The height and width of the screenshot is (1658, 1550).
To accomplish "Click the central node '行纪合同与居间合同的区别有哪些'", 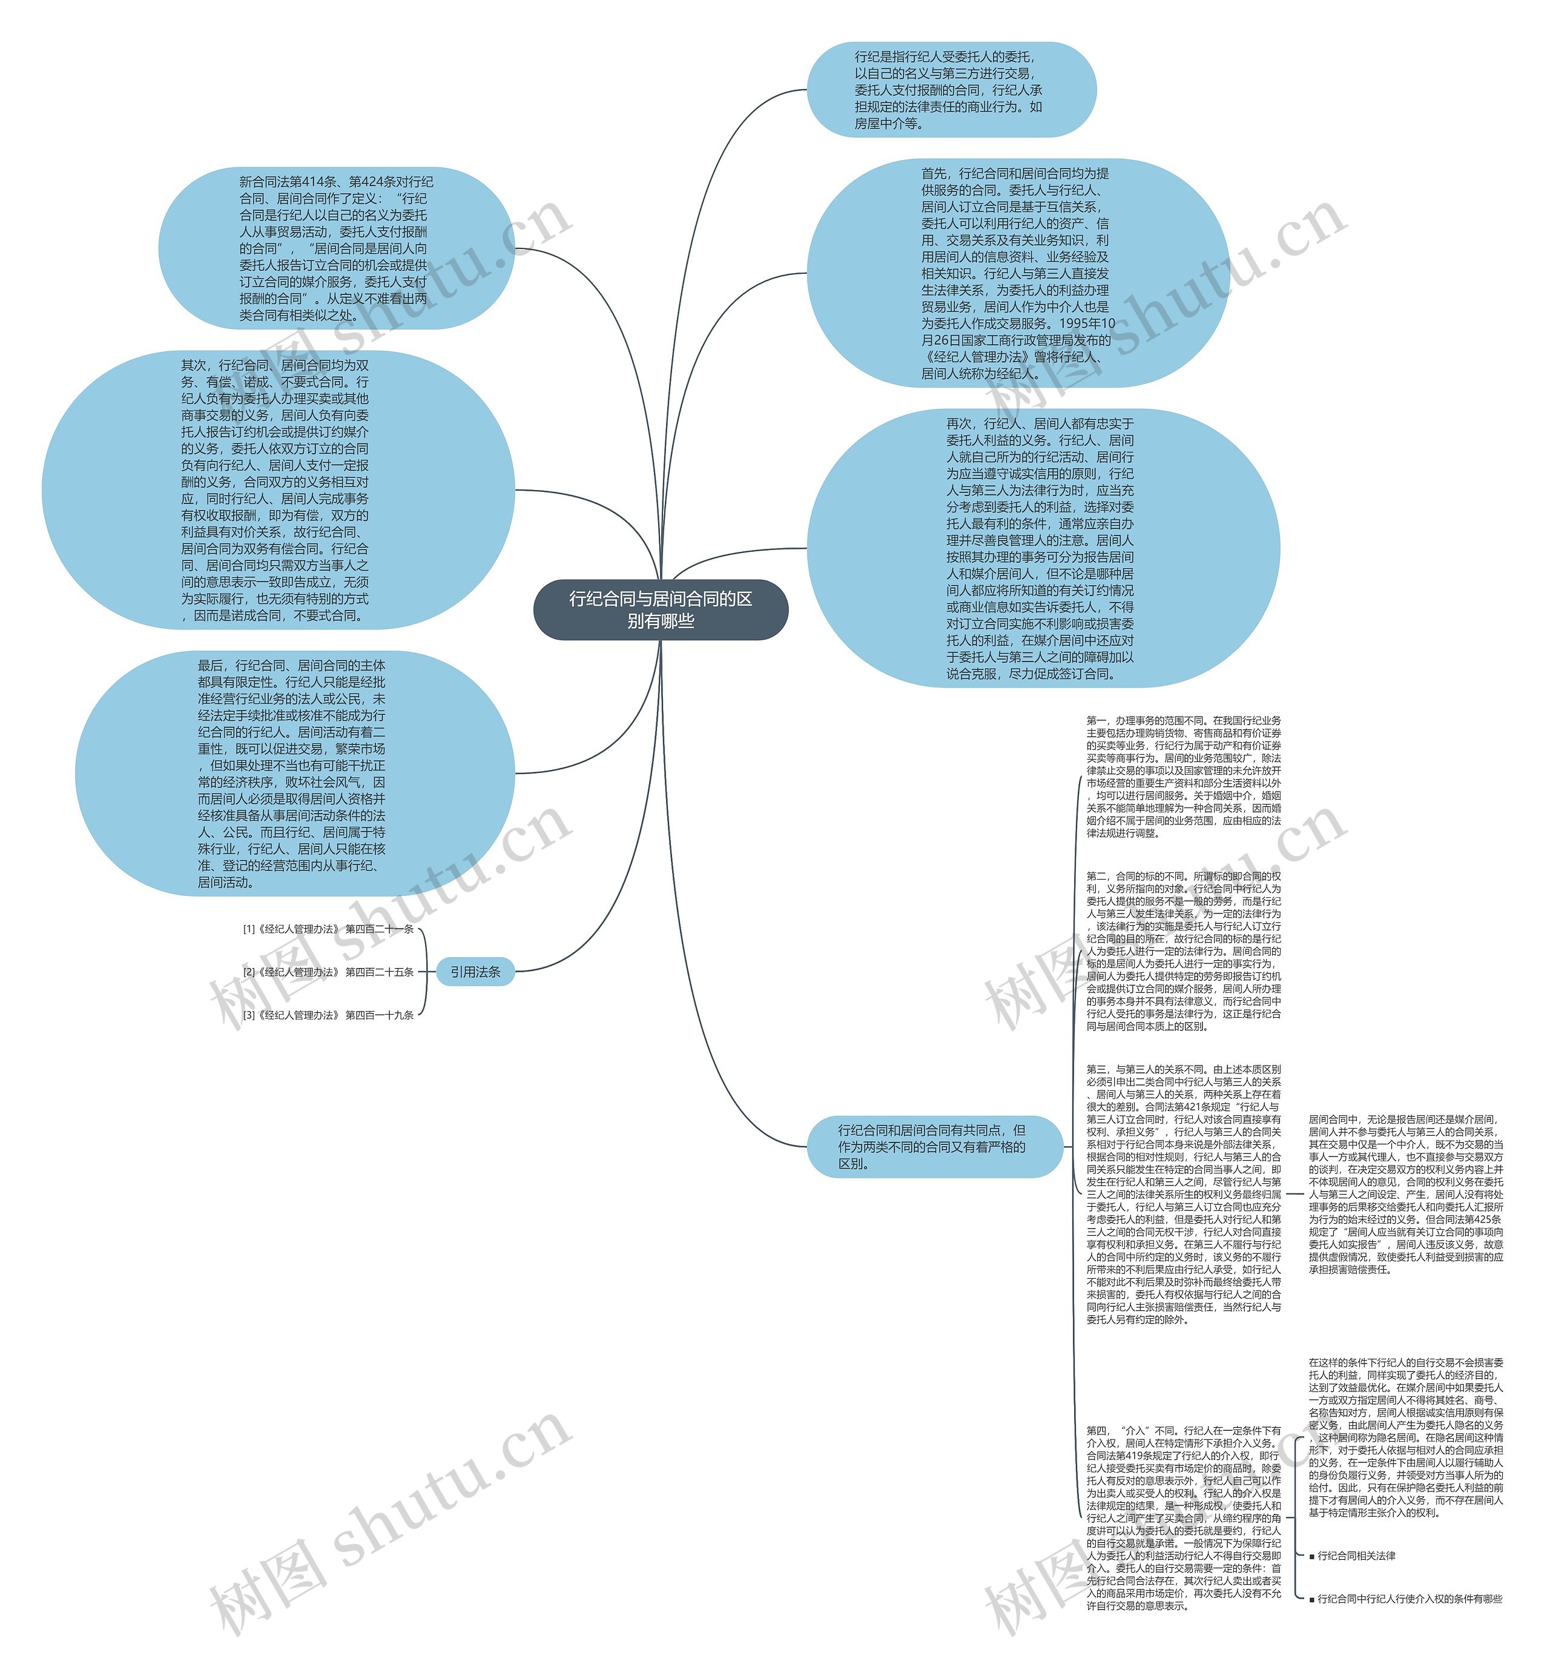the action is (x=661, y=609).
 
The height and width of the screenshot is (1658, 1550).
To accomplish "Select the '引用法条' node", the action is (x=475, y=972).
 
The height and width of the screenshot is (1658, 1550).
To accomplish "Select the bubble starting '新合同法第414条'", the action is (x=335, y=248).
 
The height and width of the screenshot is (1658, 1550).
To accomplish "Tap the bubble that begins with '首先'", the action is (x=1017, y=273).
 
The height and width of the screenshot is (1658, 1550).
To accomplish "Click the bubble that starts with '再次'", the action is (x=1042, y=548).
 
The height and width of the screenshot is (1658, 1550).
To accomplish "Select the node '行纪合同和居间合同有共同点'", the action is (x=934, y=1147).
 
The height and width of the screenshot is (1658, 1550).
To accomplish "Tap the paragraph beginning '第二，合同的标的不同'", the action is (x=1183, y=951).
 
